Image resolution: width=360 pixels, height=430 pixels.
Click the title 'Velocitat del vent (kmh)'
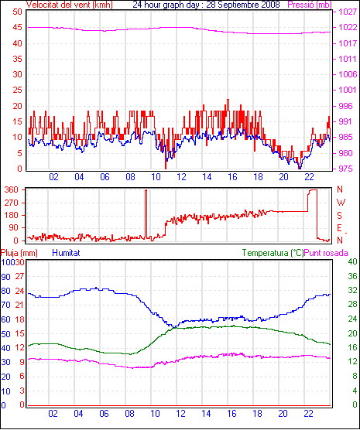click(69, 5)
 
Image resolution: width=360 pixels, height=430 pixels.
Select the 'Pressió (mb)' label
click(310, 5)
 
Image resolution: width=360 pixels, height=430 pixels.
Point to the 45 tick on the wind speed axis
click(17, 28)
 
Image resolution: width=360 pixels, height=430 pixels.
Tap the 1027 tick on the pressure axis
click(348, 12)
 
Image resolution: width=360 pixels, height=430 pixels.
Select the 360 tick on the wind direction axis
click(12, 189)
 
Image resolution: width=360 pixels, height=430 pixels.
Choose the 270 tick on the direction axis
click(12, 203)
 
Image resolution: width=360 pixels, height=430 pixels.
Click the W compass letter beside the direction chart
click(341, 203)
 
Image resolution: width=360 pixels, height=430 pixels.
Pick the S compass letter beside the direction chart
click(340, 216)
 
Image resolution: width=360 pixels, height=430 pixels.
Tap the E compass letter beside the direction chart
click(339, 228)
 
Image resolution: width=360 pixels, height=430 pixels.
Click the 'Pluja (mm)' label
click(19, 253)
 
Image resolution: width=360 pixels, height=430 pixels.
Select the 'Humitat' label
click(66, 253)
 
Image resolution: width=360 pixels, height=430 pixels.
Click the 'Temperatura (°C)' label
click(273, 253)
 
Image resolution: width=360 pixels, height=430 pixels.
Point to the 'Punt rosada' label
click(326, 253)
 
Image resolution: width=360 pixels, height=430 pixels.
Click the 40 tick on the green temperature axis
click(352, 261)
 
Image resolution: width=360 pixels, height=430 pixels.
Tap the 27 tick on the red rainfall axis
click(19, 276)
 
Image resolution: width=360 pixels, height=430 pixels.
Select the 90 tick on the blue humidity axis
click(5, 277)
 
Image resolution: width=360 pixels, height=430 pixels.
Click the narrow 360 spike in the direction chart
click(146, 214)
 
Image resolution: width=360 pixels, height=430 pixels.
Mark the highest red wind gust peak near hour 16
click(228, 100)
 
